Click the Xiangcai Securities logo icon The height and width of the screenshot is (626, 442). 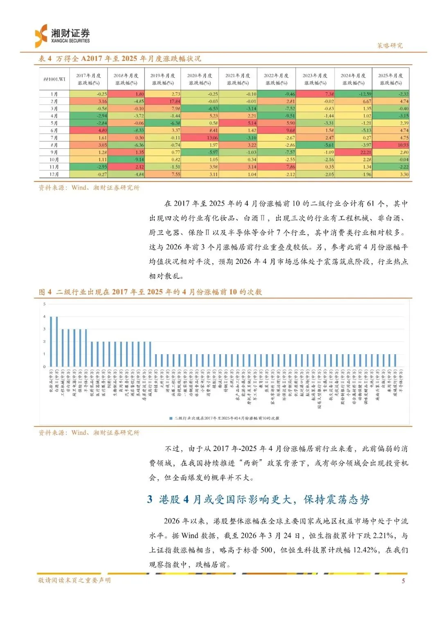(41, 36)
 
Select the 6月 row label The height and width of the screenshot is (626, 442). (54, 130)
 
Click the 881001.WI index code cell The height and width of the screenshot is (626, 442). (54, 79)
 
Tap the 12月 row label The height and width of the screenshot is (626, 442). (54, 174)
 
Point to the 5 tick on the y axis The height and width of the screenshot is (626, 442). (44, 304)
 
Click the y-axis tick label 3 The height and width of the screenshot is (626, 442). (44, 329)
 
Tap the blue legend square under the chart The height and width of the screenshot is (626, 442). (171, 418)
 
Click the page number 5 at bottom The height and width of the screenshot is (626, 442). (403, 580)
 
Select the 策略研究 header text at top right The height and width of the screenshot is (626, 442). (390, 46)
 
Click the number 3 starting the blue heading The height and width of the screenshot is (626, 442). (150, 499)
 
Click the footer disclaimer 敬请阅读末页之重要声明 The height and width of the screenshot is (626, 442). (74, 580)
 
